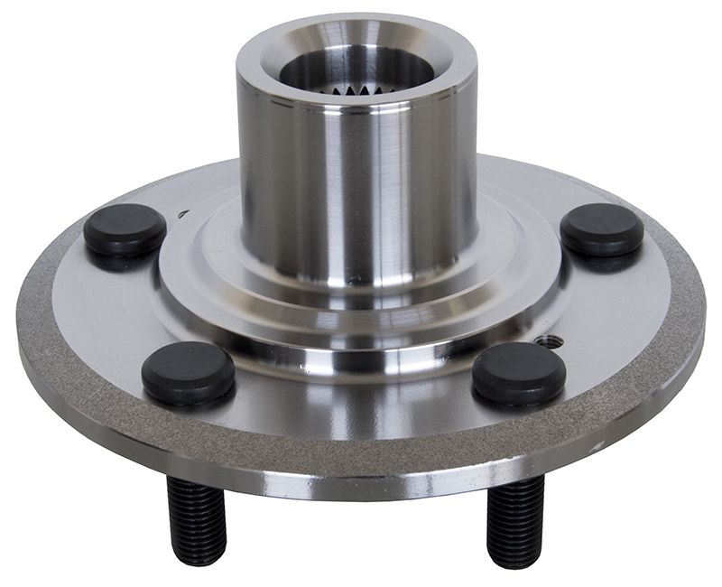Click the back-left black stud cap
point(125,228)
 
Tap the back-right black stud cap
point(602,228)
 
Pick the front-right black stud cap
point(519,371)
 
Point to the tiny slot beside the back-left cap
point(183,215)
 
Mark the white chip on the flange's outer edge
point(596,446)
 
